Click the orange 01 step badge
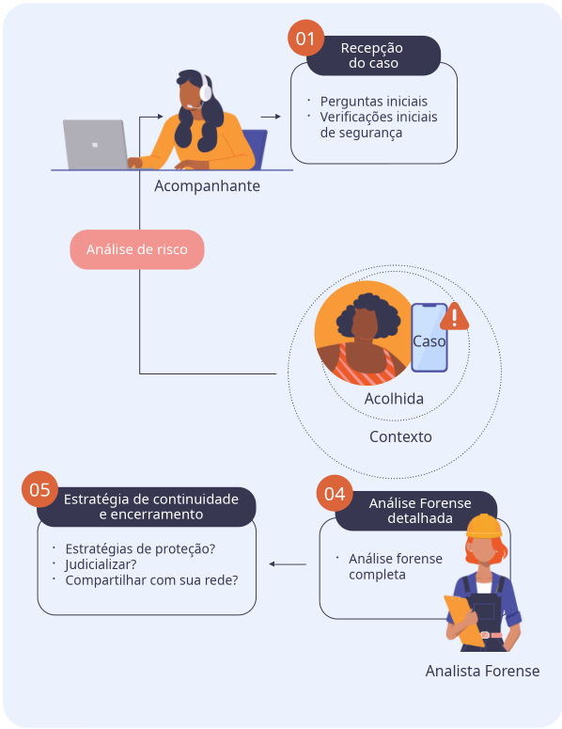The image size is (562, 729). click(305, 39)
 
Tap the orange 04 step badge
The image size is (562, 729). click(335, 493)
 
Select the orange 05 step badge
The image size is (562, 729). click(40, 489)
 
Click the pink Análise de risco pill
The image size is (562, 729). click(137, 249)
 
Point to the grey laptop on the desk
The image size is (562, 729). click(96, 145)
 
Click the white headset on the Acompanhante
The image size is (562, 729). click(204, 90)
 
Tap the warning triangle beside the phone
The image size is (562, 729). click(454, 317)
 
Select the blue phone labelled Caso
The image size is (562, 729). click(429, 338)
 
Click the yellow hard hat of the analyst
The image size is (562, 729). click(484, 526)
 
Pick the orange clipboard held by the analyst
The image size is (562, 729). click(464, 621)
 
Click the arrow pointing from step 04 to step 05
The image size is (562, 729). click(288, 564)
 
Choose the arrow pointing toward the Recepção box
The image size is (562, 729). click(271, 117)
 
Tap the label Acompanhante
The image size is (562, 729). click(207, 186)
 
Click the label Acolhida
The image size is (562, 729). click(394, 399)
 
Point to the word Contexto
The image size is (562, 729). click(400, 436)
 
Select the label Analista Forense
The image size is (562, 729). click(482, 671)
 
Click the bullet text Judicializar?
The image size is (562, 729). click(101, 564)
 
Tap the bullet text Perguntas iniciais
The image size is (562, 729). click(374, 102)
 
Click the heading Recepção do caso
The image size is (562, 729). click(372, 55)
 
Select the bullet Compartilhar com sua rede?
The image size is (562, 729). click(152, 580)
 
